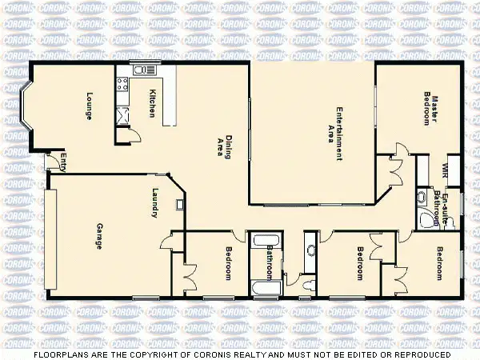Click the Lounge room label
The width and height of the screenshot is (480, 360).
(x=89, y=107)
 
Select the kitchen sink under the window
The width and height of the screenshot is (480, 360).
(x=139, y=72)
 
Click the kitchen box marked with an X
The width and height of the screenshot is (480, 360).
(x=122, y=117)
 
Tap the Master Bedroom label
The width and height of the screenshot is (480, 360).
(x=431, y=109)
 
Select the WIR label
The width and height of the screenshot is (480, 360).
(x=445, y=170)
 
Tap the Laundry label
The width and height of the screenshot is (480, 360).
(x=156, y=201)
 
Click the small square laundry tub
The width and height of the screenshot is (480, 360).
(x=181, y=204)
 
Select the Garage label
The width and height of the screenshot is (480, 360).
(x=99, y=236)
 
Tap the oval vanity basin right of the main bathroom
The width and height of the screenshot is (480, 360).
(x=310, y=250)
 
